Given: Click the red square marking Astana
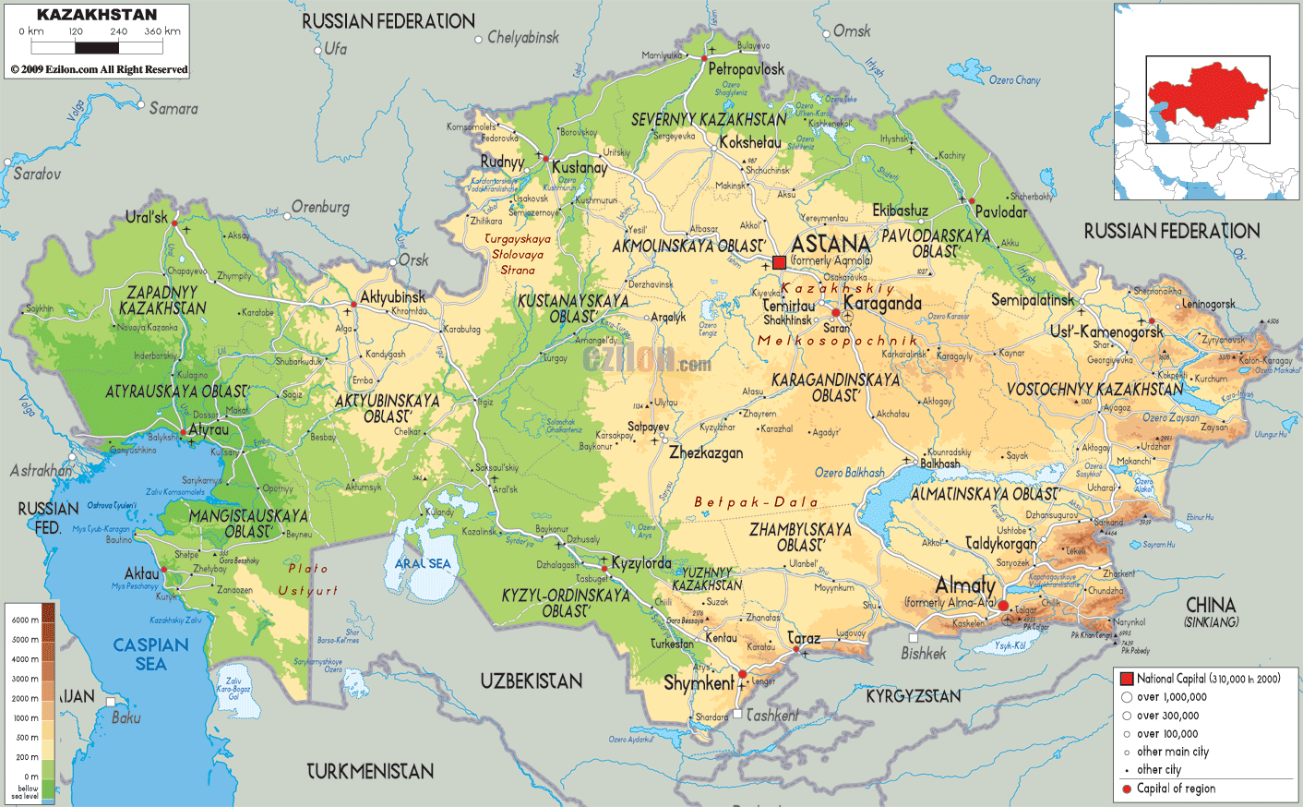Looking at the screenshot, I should click(x=779, y=262).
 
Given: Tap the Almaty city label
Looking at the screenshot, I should click(x=965, y=585).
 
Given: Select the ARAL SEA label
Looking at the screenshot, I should click(x=423, y=563).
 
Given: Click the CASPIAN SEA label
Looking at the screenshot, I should click(x=150, y=654).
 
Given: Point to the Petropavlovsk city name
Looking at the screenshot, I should click(x=746, y=69).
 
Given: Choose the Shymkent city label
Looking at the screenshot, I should click(x=699, y=683).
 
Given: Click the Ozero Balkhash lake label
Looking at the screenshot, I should click(x=849, y=473).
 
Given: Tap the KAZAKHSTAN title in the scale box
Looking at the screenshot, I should click(x=97, y=15).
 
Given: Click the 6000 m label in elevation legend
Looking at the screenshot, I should click(x=24, y=620).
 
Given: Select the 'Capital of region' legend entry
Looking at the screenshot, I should click(x=1175, y=789).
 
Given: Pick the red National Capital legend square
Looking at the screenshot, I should click(x=1126, y=679).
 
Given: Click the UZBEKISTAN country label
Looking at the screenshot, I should click(x=531, y=681).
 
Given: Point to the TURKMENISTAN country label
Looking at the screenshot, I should click(x=369, y=771).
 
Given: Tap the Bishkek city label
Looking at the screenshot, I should click(x=923, y=654).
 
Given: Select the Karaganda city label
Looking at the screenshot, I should click(x=882, y=304).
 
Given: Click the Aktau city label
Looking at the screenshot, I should click(x=142, y=573).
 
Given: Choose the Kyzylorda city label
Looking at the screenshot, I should click(x=640, y=563).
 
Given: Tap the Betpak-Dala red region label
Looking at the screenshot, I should click(x=756, y=502).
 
